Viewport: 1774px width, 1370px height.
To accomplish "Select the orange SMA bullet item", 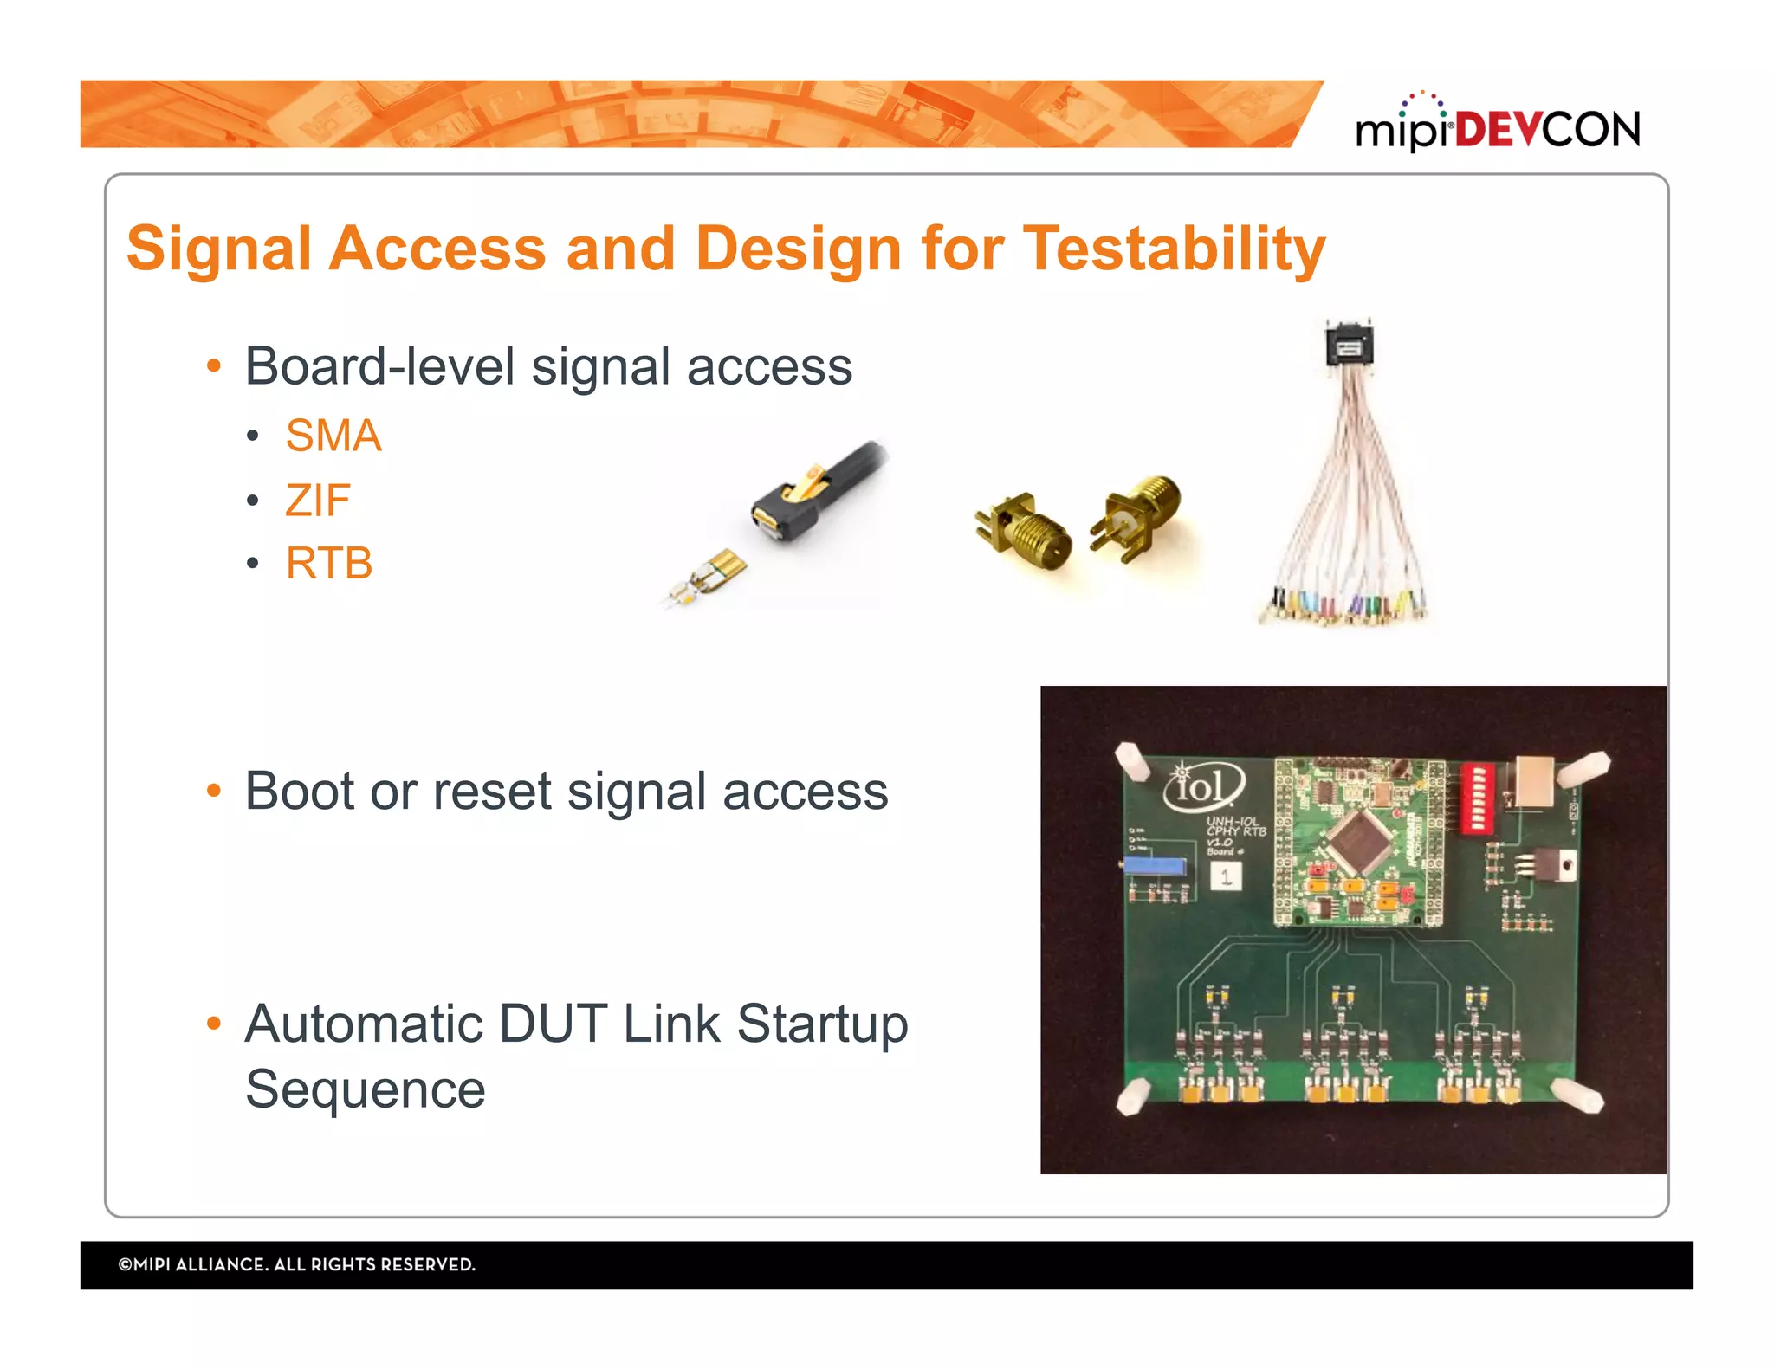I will click(333, 436).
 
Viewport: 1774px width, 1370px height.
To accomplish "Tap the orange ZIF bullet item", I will click(318, 501).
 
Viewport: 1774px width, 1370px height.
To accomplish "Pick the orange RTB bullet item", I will click(329, 564).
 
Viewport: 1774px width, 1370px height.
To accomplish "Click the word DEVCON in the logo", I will click(1548, 130).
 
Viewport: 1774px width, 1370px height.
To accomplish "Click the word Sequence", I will click(366, 1089).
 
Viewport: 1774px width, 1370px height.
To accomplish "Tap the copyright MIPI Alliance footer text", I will click(297, 1264).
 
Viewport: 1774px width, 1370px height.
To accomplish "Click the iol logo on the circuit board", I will click(1203, 785).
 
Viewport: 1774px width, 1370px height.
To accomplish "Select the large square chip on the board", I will click(1358, 840).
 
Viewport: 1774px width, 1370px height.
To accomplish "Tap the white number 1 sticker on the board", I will click(1226, 876).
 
